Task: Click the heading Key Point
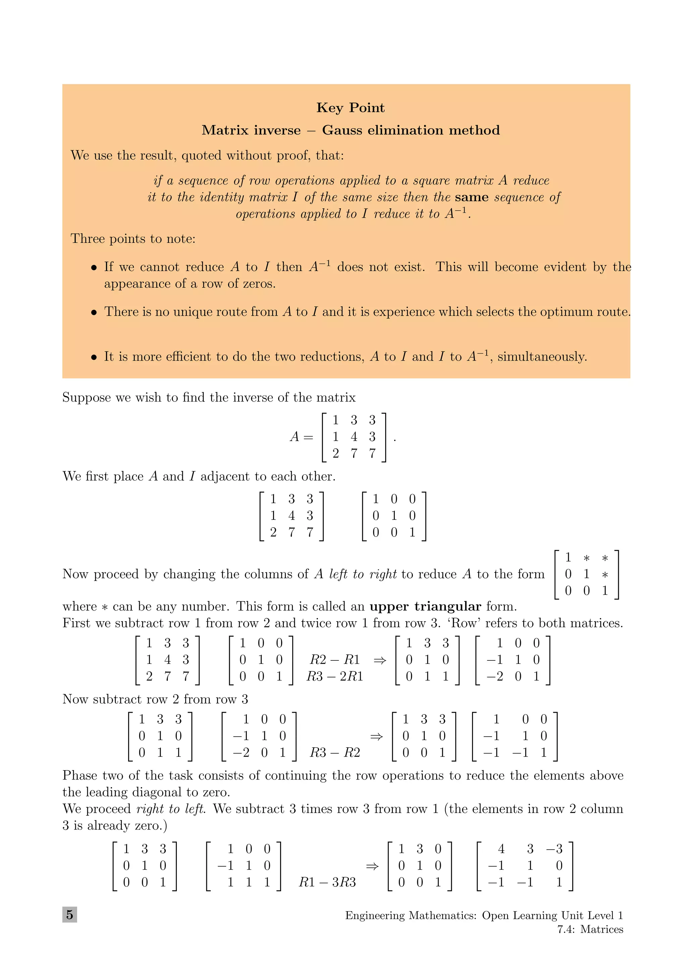(350, 108)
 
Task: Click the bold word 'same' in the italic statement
(472, 197)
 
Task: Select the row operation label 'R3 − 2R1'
(334, 676)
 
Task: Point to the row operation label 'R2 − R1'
(334, 659)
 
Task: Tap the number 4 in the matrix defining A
(354, 436)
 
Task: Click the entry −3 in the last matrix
(554, 849)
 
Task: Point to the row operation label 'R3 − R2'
(334, 752)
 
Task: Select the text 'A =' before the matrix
(301, 436)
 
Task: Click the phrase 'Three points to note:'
(133, 239)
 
